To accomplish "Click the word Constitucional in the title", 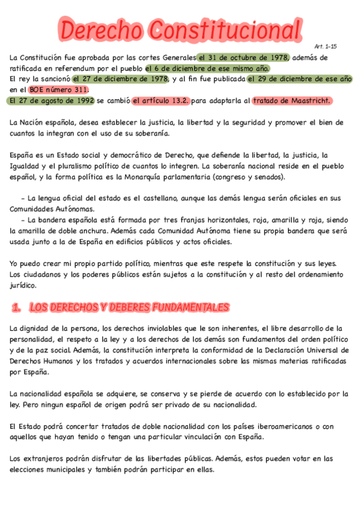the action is point(225,29).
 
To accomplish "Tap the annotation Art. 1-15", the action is point(325,46).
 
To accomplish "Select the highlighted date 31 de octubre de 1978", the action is point(243,58).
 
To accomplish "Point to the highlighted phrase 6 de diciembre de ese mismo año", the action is point(208,69).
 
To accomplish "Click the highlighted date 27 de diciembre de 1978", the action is point(120,79).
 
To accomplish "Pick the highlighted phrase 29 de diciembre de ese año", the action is point(299,79).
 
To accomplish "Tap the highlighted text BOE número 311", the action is point(59,90).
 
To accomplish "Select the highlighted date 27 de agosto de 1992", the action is point(52,100).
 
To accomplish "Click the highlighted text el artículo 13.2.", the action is point(160,100).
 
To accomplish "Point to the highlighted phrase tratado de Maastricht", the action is point(291,100).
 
